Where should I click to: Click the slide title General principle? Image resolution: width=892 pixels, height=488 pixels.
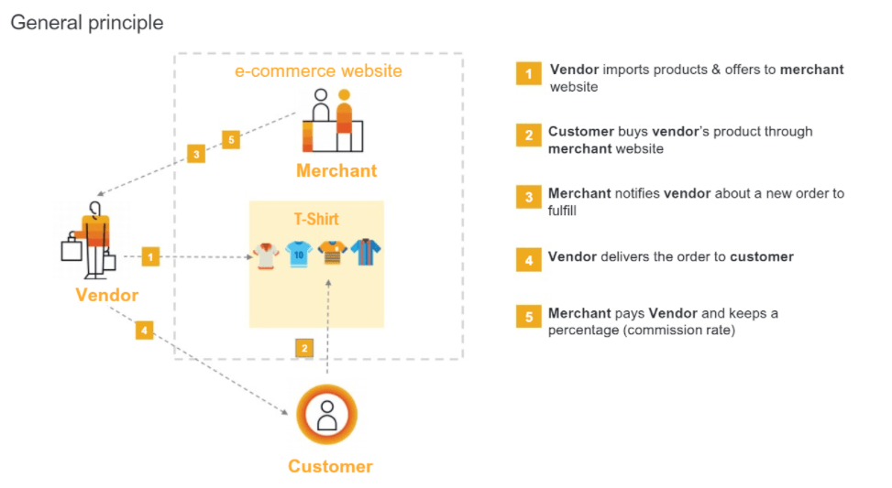[x=87, y=23]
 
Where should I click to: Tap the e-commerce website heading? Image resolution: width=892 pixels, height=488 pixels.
[x=318, y=70]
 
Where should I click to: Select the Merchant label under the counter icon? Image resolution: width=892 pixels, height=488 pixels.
[x=336, y=171]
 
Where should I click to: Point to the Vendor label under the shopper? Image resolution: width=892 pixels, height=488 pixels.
[x=107, y=295]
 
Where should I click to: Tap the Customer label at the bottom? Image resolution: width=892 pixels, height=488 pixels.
[x=330, y=466]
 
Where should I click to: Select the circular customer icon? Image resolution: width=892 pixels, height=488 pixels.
[x=327, y=416]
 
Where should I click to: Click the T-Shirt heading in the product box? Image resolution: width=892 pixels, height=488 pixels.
[x=316, y=219]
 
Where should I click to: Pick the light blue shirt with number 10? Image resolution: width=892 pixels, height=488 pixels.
[x=299, y=254]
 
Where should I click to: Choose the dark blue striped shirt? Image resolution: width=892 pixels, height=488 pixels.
[x=367, y=253]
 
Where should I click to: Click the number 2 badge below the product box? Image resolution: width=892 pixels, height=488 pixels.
[x=305, y=348]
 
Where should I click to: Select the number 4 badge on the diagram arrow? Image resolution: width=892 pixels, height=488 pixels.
[x=144, y=330]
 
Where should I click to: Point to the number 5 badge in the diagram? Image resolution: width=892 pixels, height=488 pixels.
[x=232, y=140]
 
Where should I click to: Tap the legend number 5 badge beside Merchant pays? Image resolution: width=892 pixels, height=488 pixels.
[x=528, y=317]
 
